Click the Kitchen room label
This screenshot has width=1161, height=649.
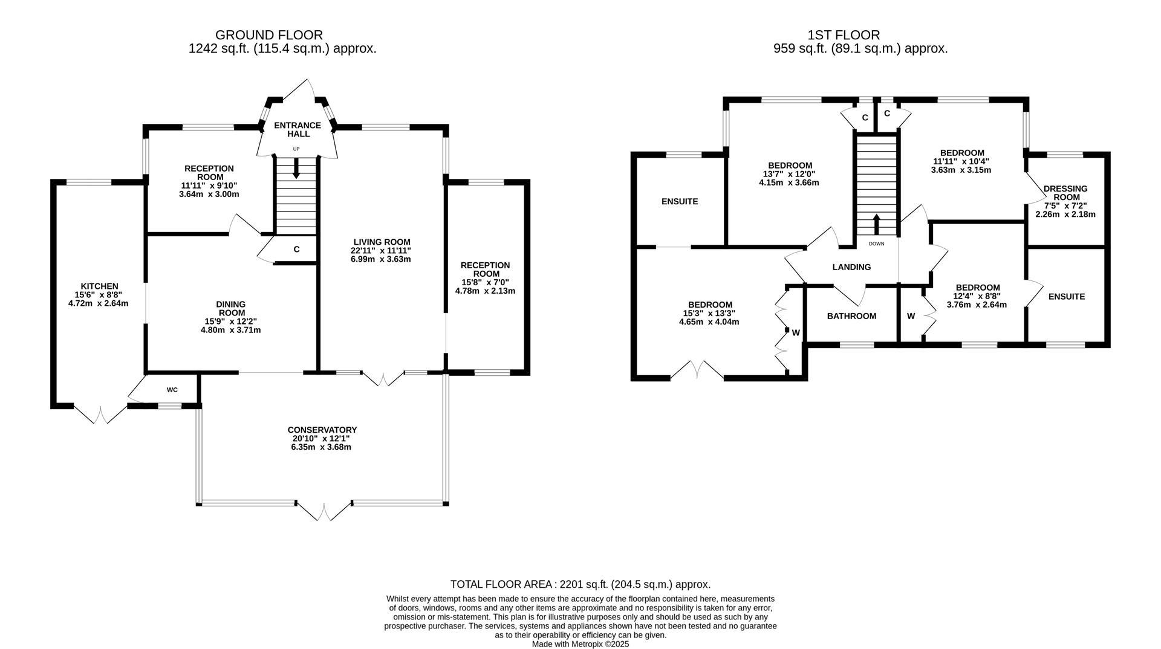99,286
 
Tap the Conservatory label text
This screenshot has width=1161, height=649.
322,430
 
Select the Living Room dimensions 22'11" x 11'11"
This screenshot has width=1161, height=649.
382,250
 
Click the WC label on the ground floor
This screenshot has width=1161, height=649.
172,390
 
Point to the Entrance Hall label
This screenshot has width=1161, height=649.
298,129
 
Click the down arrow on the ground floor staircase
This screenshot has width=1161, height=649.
296,169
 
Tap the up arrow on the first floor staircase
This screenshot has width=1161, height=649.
876,224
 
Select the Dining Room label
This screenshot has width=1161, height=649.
231,308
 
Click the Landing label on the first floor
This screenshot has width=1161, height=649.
851,267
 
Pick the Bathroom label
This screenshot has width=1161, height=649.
851,316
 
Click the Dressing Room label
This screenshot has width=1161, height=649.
1065,193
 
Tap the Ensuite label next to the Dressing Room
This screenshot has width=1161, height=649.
1067,297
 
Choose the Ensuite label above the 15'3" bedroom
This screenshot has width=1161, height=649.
680,201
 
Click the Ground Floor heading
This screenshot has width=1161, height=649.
269,35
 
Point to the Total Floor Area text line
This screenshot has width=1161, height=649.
580,584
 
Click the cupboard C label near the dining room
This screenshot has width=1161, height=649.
296,249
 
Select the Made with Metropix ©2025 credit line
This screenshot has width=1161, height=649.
580,644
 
